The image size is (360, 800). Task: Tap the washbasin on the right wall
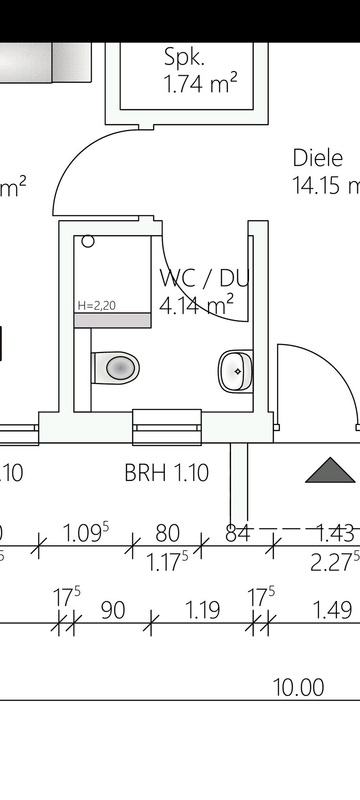236,371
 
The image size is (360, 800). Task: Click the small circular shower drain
88,241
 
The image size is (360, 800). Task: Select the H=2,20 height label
96,305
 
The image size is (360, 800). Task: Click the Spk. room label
184,57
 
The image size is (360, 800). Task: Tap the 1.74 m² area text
200,84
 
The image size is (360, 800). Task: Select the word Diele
318,158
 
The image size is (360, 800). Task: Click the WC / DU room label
204,278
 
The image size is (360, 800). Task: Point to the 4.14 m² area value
196,305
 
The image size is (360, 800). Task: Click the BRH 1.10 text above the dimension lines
166,473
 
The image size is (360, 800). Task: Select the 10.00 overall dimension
298,688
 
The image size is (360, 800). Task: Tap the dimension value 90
113,610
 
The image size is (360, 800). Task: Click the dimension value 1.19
202,610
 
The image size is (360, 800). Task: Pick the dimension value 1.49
332,610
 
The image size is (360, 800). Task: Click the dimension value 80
168,533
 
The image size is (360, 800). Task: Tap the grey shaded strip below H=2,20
112,320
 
